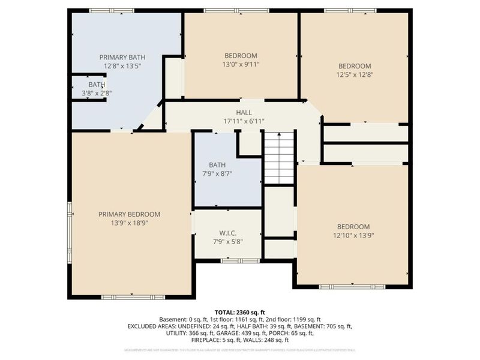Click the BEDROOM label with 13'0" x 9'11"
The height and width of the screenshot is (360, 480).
point(241,56)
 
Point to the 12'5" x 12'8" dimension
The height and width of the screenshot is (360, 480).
point(354,75)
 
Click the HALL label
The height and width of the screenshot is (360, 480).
point(244,112)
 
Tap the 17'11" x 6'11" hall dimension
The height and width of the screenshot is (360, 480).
point(244,121)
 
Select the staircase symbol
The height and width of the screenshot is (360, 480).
point(279,157)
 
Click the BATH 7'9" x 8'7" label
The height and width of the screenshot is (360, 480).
point(217,169)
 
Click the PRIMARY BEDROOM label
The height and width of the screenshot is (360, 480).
point(130,214)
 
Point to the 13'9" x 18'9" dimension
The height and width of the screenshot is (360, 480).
point(130,223)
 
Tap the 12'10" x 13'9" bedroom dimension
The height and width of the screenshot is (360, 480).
point(353,235)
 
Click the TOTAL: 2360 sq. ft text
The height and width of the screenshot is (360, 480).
point(239,313)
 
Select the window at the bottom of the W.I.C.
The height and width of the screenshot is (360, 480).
point(232,260)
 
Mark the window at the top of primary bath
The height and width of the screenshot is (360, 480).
point(112,10)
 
